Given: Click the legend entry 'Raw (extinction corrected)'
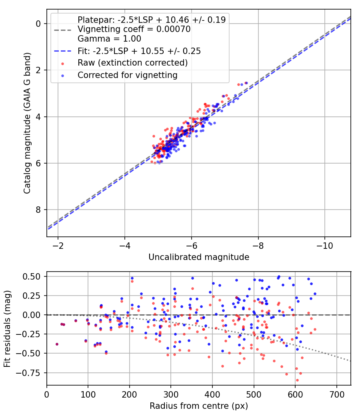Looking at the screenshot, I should (x=132, y=63).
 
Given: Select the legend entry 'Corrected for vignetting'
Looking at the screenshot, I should (x=127, y=75).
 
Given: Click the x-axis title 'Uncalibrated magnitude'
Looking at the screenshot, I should (x=199, y=257).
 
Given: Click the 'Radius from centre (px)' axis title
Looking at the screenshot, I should (x=199, y=406).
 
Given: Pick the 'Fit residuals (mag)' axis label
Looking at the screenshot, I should (x=7, y=329).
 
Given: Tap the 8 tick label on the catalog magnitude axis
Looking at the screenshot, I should (x=38, y=210).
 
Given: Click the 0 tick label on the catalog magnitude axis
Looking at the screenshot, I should (x=38, y=24).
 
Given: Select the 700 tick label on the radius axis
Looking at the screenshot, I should (x=336, y=394).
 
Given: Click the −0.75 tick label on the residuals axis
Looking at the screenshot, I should (x=31, y=372).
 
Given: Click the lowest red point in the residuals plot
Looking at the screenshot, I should (x=297, y=380).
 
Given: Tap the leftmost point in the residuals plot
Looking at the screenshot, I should (x=57, y=344).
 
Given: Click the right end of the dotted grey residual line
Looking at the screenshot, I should (x=351, y=361).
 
